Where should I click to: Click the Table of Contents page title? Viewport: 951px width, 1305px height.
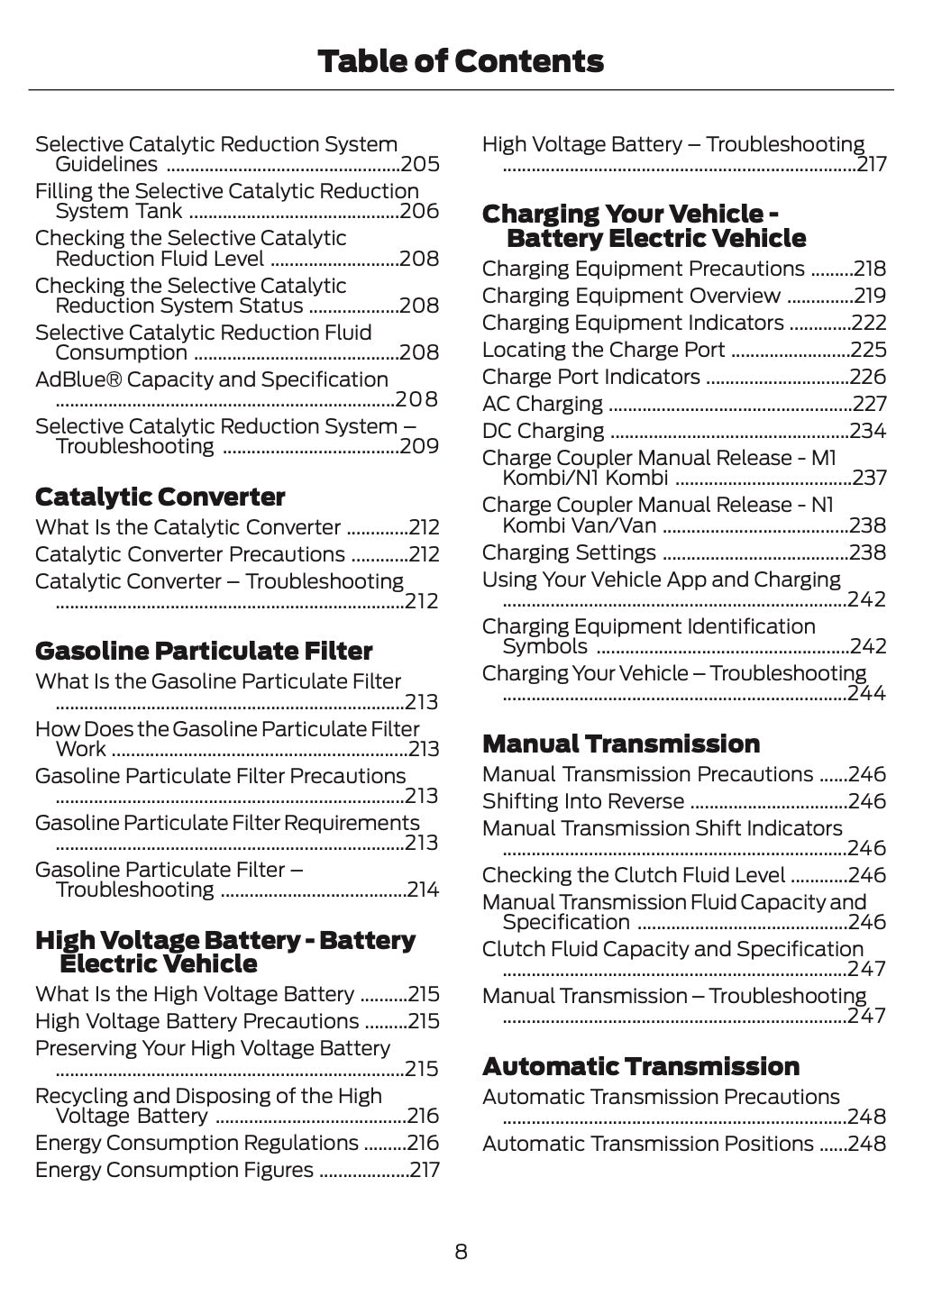[x=461, y=61]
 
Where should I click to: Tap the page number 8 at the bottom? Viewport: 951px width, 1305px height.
[x=461, y=1251]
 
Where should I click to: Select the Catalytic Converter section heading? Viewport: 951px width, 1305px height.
[x=160, y=497]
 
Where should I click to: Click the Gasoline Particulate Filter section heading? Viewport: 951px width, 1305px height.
[x=203, y=651]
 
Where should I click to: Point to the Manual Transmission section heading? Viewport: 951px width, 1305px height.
[x=620, y=744]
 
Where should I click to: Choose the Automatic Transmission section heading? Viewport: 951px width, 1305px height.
[x=640, y=1066]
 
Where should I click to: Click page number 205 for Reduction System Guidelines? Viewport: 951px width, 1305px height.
[x=420, y=164]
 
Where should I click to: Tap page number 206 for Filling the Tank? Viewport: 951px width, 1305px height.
[x=420, y=211]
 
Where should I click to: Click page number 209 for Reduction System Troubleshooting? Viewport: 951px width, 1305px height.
[x=420, y=446]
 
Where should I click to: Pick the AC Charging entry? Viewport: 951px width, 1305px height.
[x=542, y=404]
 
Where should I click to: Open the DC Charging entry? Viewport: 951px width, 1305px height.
[x=543, y=431]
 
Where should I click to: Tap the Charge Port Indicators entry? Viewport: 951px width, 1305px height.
[x=590, y=377]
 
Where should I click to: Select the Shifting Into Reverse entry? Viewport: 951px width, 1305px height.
[x=582, y=801]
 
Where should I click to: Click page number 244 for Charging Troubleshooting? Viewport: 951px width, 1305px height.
[x=867, y=693]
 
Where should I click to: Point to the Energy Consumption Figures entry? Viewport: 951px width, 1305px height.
[x=174, y=1170]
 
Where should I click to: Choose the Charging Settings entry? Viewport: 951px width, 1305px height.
[x=569, y=552]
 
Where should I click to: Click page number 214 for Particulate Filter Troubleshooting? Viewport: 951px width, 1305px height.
[x=424, y=890]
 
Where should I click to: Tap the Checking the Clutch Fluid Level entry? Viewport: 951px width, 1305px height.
[x=633, y=875]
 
